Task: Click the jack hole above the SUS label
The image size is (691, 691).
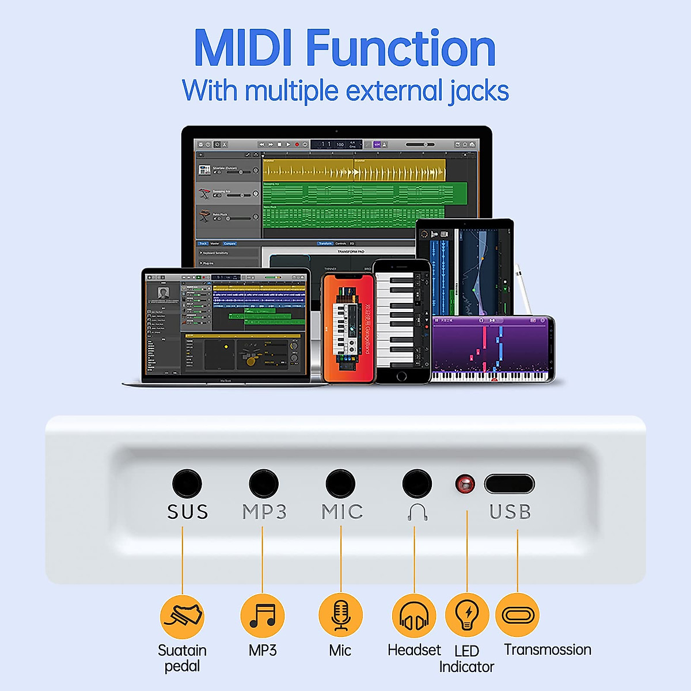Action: click(187, 484)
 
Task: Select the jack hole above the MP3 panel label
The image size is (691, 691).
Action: click(264, 484)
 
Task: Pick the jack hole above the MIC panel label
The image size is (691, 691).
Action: click(340, 484)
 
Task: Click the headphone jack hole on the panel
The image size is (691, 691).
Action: click(416, 484)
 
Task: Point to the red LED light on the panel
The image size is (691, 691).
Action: click(465, 484)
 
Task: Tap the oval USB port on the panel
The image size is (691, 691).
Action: click(509, 484)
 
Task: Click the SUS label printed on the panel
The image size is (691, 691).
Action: click(187, 512)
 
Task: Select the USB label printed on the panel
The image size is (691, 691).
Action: click(510, 512)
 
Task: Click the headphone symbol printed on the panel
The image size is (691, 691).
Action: click(417, 512)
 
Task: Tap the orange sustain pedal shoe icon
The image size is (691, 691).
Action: click(182, 617)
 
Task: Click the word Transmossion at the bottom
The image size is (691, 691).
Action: click(548, 650)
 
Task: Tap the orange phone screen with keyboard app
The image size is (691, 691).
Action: click(348, 328)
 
